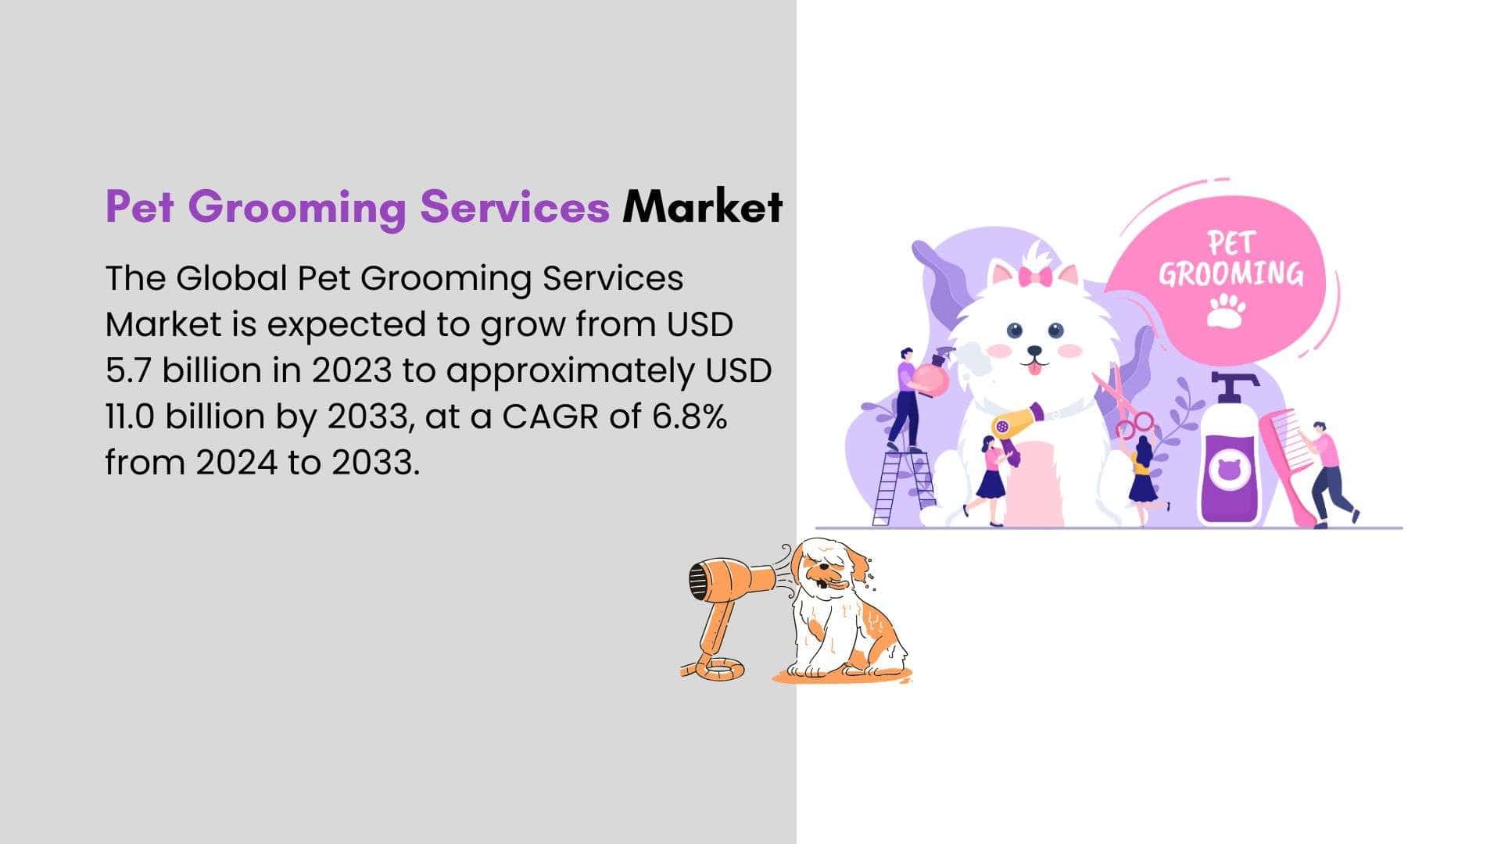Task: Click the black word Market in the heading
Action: pyautogui.click(x=702, y=206)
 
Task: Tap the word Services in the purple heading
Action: pyautogui.click(x=514, y=206)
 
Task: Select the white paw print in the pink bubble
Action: pyautogui.click(x=1226, y=310)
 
